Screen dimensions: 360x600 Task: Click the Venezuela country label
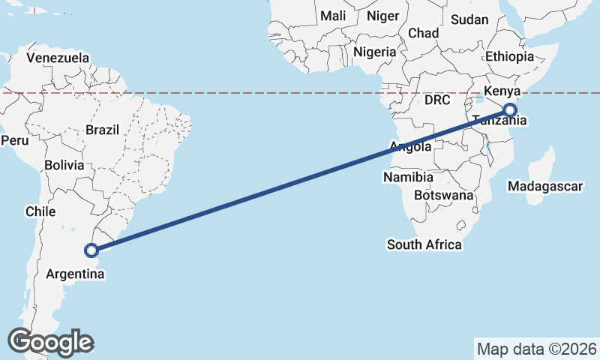point(58,58)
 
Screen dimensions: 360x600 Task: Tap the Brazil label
point(102,130)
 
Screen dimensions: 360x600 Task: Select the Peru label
point(14,140)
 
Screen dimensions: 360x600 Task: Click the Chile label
point(40,211)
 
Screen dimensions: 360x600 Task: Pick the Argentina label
point(75,274)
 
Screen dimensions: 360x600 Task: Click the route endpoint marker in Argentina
point(91,250)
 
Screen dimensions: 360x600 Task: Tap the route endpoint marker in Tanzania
point(510,110)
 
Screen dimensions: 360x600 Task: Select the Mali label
point(333,16)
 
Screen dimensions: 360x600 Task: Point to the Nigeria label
point(375,52)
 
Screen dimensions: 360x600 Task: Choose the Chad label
point(423,33)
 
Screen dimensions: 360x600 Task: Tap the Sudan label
point(470,19)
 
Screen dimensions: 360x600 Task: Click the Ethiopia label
point(509,56)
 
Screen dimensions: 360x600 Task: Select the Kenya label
point(502,91)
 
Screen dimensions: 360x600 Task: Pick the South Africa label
point(424,244)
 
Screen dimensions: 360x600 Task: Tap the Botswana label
point(444,195)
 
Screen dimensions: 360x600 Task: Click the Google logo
point(50,342)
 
